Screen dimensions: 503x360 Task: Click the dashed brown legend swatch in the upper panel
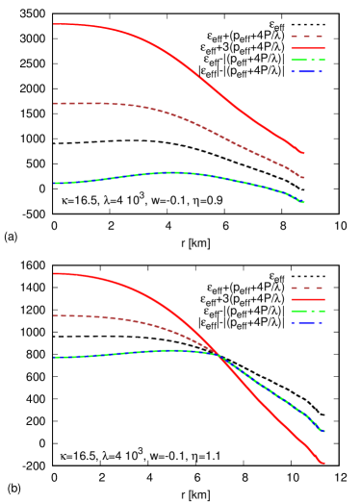(307, 37)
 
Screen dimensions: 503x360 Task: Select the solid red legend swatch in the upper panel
(307, 48)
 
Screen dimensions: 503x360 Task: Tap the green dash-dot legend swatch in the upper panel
(307, 60)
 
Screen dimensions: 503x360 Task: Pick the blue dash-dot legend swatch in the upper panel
(307, 71)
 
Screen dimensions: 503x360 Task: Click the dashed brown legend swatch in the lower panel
(307, 288)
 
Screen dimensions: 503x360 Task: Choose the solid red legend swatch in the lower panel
(307, 299)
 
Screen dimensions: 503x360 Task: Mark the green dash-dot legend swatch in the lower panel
(307, 311)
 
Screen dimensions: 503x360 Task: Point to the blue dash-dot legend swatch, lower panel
(307, 322)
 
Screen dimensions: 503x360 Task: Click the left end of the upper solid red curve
(55, 24)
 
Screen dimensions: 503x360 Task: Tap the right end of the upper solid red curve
(304, 153)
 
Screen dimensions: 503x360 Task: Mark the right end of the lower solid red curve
(323, 464)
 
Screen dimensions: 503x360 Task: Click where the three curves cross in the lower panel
(219, 356)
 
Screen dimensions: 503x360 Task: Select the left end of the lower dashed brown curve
(55, 315)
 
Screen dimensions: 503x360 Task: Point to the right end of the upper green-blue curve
(304, 202)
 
